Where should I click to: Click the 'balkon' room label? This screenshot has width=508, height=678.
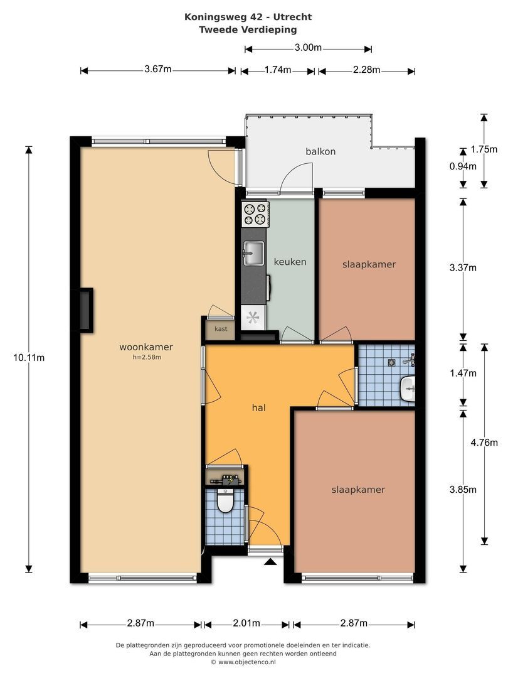click(x=320, y=151)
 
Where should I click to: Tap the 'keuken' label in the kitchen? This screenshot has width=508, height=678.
click(x=290, y=262)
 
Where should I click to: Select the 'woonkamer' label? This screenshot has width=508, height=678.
click(x=146, y=347)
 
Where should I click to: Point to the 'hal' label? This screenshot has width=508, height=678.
click(x=259, y=408)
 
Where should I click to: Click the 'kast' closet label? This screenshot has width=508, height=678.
click(x=221, y=329)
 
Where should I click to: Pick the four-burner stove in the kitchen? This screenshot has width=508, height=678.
click(x=255, y=214)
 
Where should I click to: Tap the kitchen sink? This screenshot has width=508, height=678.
click(x=253, y=253)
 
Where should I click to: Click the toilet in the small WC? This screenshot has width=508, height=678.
click(x=225, y=501)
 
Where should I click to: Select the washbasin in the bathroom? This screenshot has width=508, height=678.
click(x=408, y=389)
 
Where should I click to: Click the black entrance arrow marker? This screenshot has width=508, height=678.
click(x=270, y=562)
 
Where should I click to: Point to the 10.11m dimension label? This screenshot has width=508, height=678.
click(x=29, y=358)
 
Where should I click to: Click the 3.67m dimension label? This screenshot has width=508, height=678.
click(x=158, y=69)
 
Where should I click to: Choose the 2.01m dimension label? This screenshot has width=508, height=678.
click(x=246, y=623)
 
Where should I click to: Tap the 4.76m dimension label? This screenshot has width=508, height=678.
click(x=484, y=443)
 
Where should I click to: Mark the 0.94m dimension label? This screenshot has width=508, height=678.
click(x=463, y=166)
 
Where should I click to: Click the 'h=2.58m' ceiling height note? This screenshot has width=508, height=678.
click(x=147, y=357)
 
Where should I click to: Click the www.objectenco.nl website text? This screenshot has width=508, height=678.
click(x=246, y=662)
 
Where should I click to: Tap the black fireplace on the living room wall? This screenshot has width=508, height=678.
click(x=85, y=310)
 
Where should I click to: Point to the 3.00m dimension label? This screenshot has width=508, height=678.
click(x=308, y=48)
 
